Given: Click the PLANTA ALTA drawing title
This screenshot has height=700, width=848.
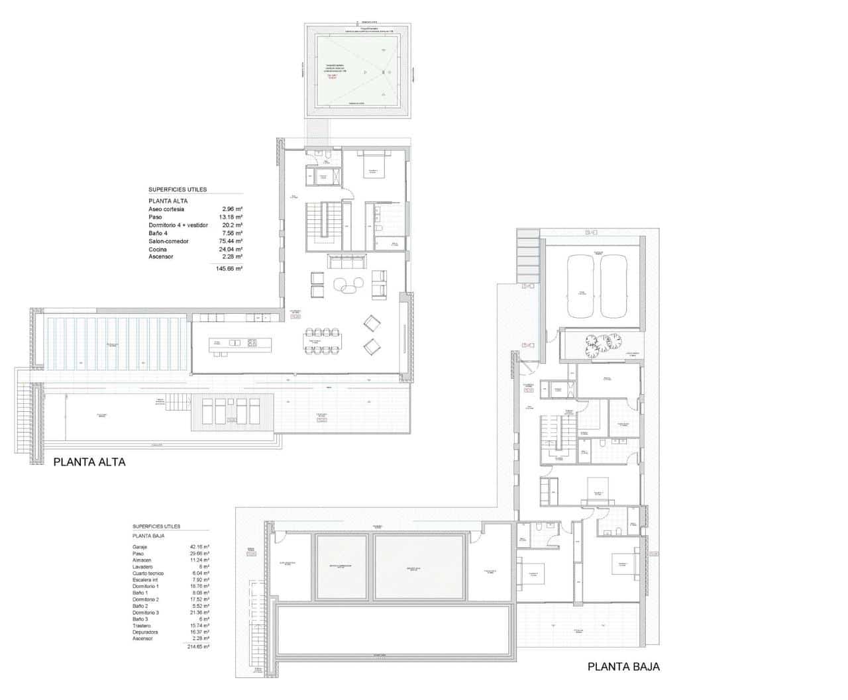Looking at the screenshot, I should pyautogui.click(x=89, y=462).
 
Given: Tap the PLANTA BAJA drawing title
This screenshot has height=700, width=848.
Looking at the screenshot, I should pyautogui.click(x=623, y=667).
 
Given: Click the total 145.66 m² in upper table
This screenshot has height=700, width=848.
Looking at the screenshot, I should pyautogui.click(x=229, y=269).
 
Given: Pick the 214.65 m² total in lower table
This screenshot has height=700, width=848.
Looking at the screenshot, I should pyautogui.click(x=197, y=646).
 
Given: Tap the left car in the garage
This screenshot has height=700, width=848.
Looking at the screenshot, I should pyautogui.click(x=582, y=287).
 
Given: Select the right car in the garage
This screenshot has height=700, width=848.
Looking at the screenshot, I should pyautogui.click(x=615, y=287).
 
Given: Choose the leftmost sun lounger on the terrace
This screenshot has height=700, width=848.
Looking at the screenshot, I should pyautogui.click(x=207, y=411).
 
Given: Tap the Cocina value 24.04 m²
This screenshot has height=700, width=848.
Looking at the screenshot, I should pyautogui.click(x=232, y=249).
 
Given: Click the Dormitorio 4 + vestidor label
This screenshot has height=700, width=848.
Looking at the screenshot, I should pyautogui.click(x=178, y=225).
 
